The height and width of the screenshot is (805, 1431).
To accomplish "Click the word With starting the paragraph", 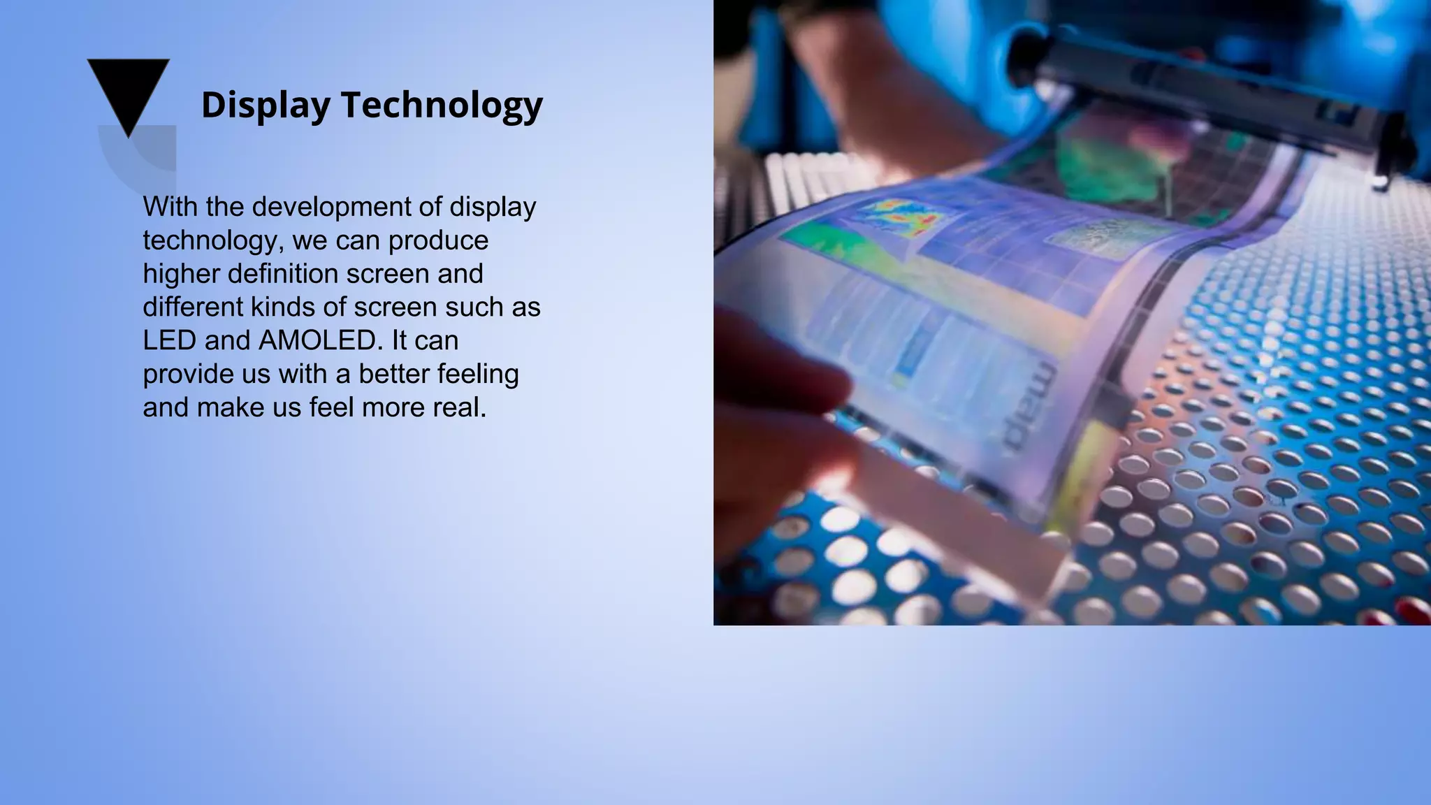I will pyautogui.click(x=170, y=207).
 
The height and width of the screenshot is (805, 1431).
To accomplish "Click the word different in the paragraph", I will pyautogui.click(x=192, y=307).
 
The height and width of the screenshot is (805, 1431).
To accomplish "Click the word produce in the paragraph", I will pyautogui.click(x=438, y=240).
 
